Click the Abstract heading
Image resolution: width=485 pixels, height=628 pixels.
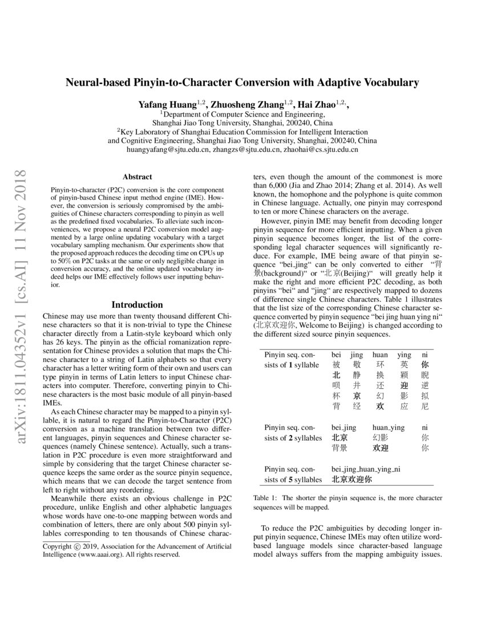tap(137, 178)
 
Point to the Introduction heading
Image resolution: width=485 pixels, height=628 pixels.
tap(137, 304)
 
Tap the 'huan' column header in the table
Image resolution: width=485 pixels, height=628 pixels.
tap(380, 355)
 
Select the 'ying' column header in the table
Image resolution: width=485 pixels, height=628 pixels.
tap(404, 355)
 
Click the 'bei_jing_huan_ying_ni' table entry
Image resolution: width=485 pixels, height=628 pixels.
tap(366, 469)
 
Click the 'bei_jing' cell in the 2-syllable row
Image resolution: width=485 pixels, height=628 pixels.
tap(343, 426)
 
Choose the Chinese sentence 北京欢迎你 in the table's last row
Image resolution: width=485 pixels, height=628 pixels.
tap(351, 480)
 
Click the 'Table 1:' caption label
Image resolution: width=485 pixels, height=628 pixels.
tap(266, 498)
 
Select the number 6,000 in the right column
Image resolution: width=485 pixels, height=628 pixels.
tap(264, 186)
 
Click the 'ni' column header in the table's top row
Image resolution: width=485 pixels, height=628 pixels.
tap(425, 355)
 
